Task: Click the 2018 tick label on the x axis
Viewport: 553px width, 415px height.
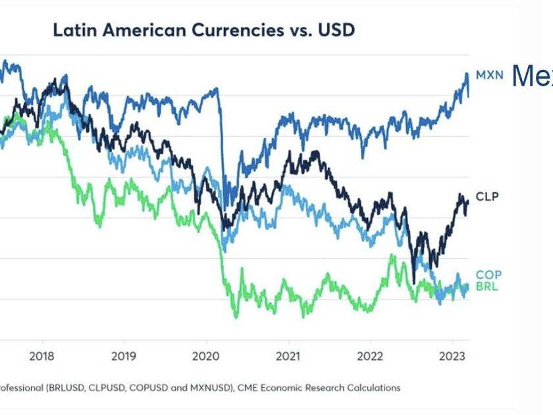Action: click(43, 356)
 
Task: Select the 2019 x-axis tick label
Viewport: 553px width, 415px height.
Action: click(124, 356)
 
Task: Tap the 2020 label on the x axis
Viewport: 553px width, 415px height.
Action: click(206, 356)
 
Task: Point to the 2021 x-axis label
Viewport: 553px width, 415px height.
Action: click(288, 356)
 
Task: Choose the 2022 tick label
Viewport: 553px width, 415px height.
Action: click(370, 356)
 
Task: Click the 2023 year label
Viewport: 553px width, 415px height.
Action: click(452, 356)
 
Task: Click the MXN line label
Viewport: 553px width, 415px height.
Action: click(488, 75)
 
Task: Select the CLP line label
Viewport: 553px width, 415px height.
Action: click(488, 197)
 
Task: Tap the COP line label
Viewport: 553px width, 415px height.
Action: click(488, 275)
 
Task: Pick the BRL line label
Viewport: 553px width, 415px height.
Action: click(488, 286)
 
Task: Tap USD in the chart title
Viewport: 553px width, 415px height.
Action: click(337, 30)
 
